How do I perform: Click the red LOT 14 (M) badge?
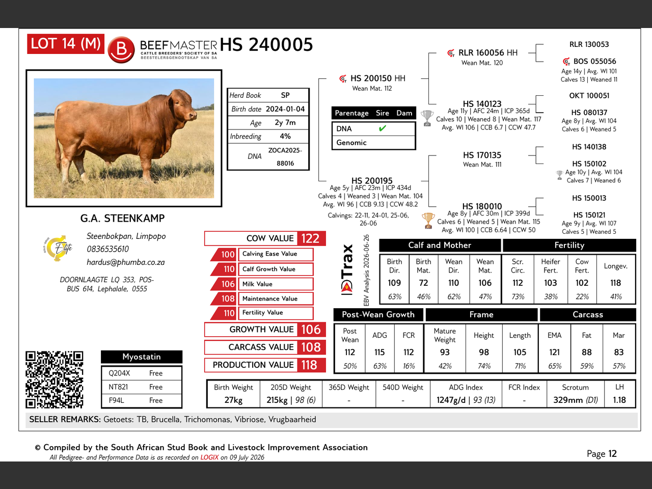tap(66, 44)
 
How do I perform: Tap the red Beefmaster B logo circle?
tap(121, 49)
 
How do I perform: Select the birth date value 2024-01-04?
tap(285, 109)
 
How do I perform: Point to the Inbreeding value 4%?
tap(285, 137)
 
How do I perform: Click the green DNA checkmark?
tap(383, 128)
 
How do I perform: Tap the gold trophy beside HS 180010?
tap(428, 221)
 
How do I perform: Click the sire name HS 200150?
tap(371, 78)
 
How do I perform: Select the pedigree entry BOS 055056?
tap(594, 62)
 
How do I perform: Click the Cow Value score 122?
tap(310, 238)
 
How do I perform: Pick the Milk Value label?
tap(257, 284)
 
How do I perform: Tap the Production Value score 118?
tap(310, 365)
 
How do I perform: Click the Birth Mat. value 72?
tap(423, 283)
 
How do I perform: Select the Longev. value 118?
tap(615, 283)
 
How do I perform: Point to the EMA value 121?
tap(554, 352)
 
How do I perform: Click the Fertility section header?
tap(569, 245)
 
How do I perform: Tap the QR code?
tap(55, 379)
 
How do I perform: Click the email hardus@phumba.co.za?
tap(126, 262)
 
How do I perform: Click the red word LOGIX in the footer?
tap(209, 457)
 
